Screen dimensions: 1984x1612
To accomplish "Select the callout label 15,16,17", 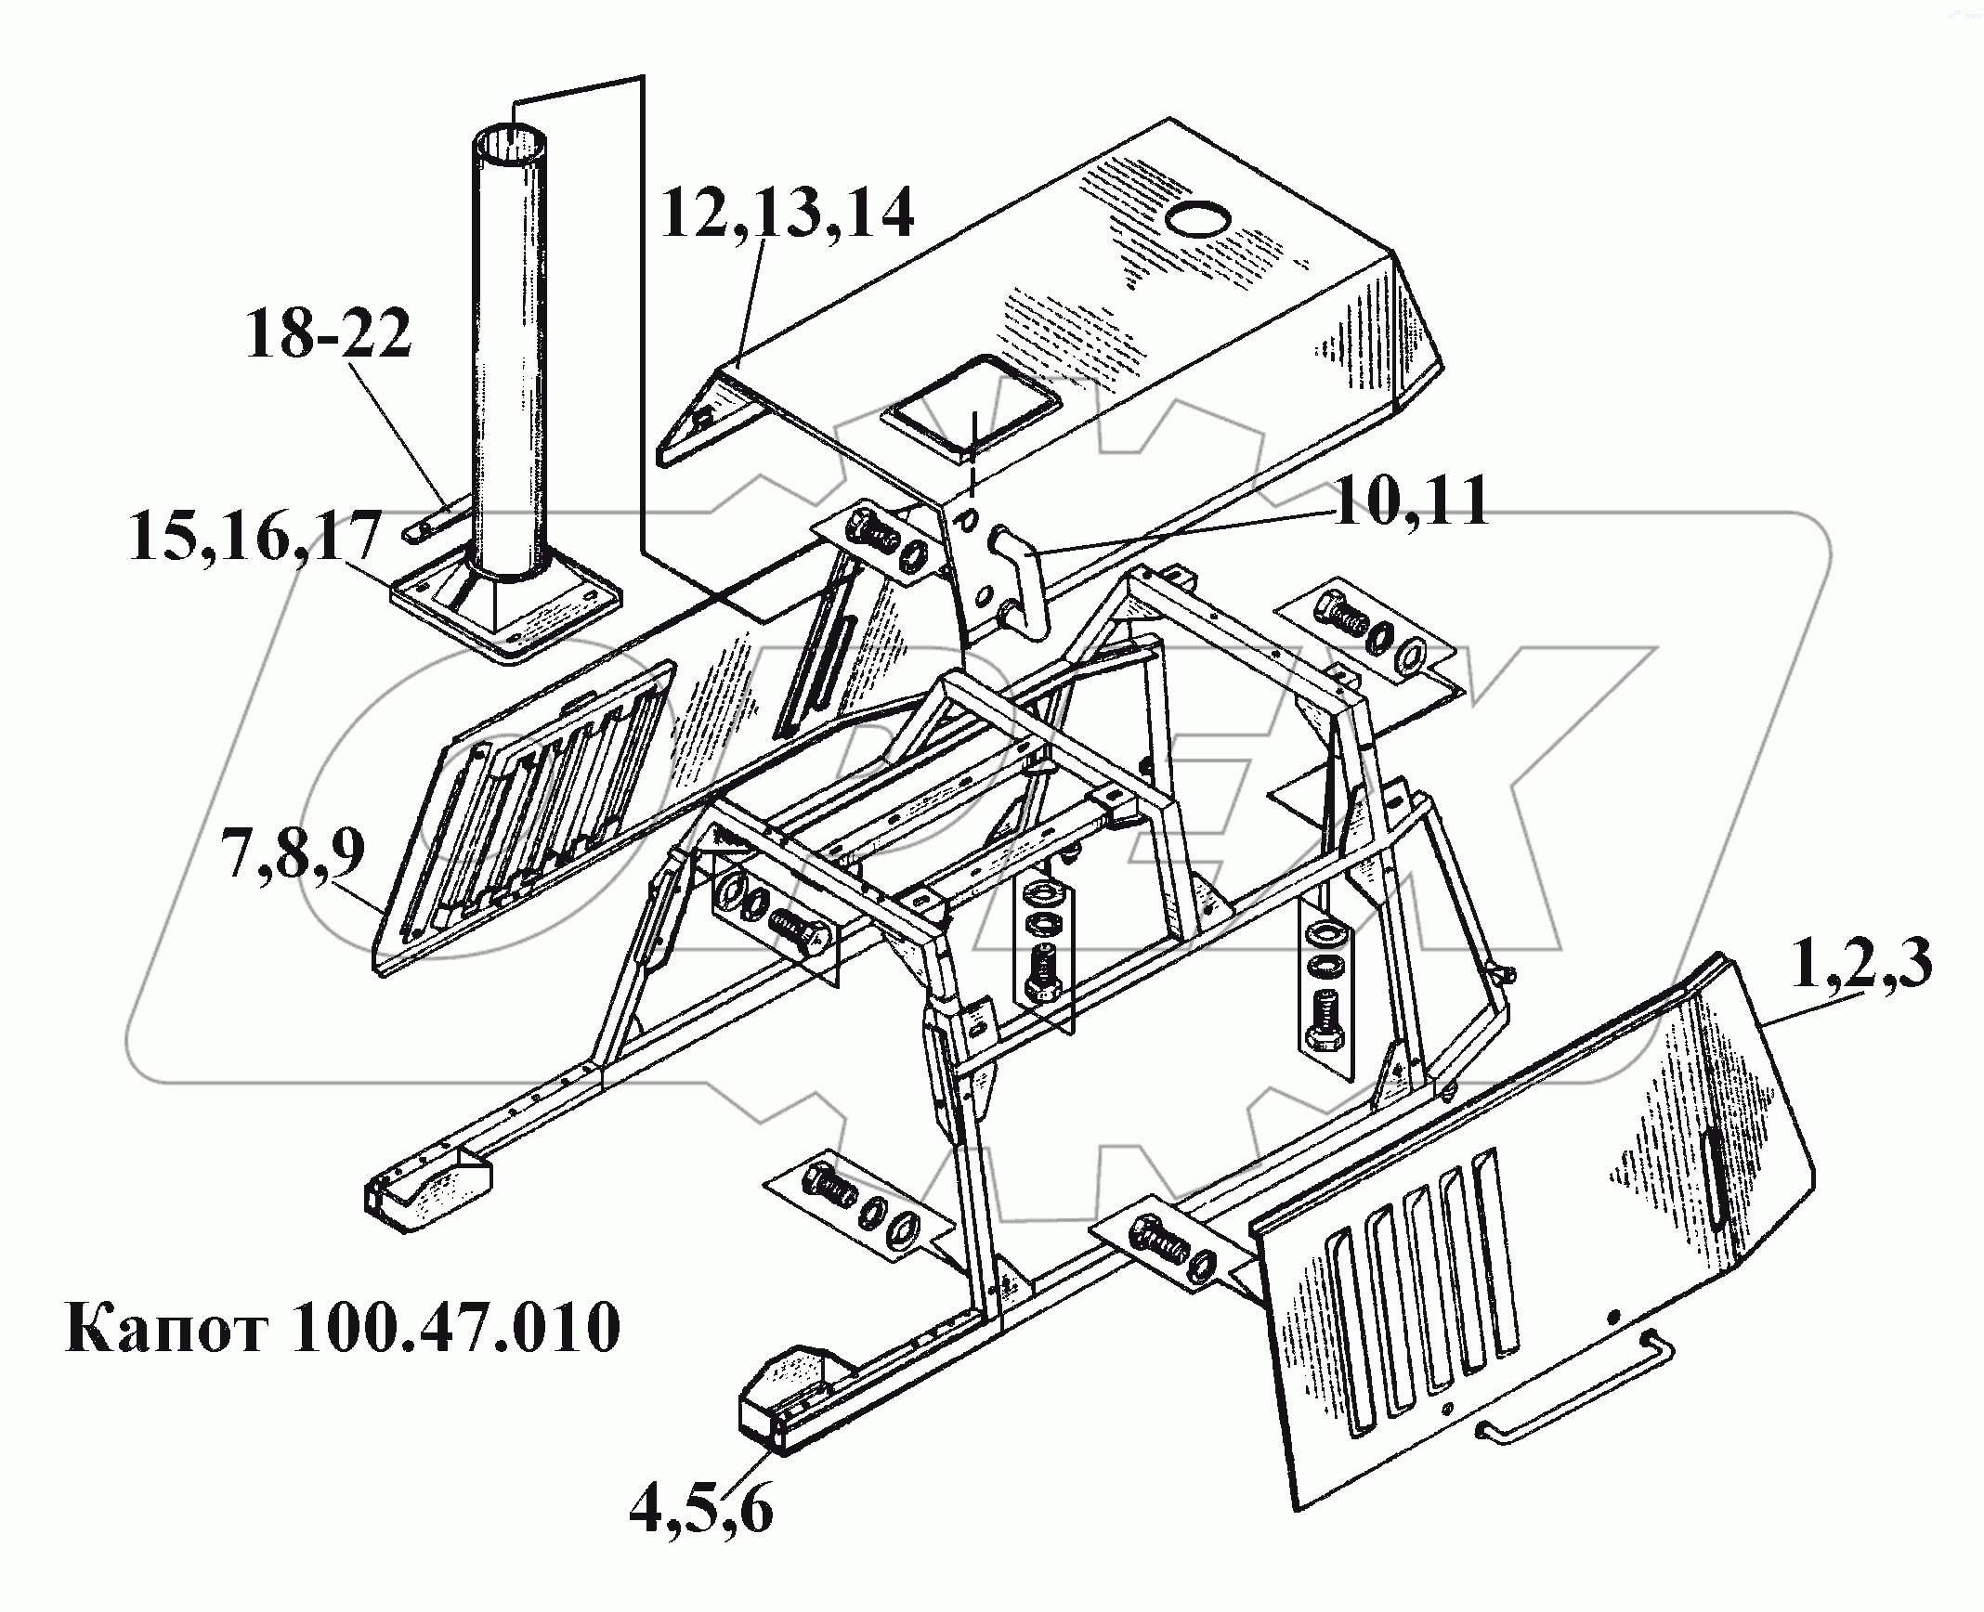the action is point(255,537).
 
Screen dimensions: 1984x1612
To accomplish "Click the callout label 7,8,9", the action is point(294,855).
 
